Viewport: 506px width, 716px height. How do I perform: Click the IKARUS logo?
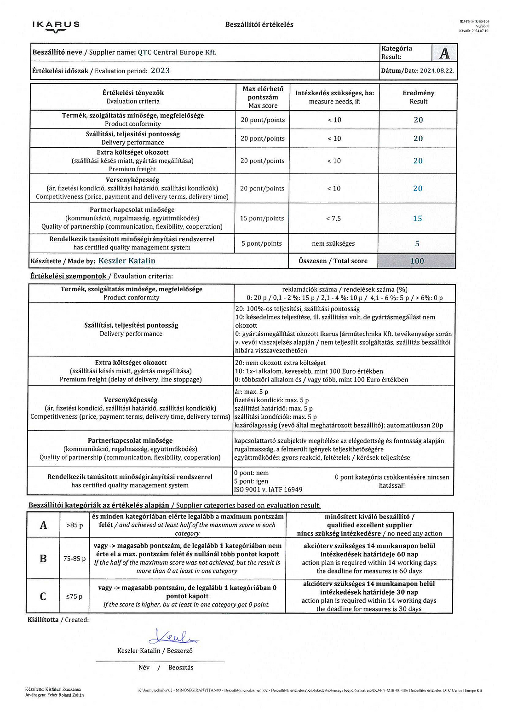pyautogui.click(x=56, y=26)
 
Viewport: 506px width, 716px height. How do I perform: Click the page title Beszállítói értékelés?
pyautogui.click(x=259, y=24)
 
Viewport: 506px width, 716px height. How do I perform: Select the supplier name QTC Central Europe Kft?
pyautogui.click(x=177, y=52)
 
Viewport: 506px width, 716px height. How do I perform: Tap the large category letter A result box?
pyautogui.click(x=444, y=53)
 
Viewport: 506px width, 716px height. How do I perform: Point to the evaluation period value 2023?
pyautogui.click(x=160, y=71)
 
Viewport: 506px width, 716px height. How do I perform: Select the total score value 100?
pyautogui.click(x=417, y=261)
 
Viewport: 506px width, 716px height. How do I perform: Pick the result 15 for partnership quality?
pyautogui.click(x=417, y=219)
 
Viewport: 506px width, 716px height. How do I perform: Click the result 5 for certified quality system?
pyautogui.click(x=417, y=243)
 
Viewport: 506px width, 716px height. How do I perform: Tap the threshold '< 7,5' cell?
pyautogui.click(x=333, y=219)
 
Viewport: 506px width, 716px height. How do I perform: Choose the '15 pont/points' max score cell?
pyautogui.click(x=262, y=219)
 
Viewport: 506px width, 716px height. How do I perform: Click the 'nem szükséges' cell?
pyautogui.click(x=333, y=243)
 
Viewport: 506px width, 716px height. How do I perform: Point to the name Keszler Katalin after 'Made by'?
pyautogui.click(x=127, y=261)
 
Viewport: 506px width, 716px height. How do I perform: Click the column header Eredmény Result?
pyautogui.click(x=418, y=97)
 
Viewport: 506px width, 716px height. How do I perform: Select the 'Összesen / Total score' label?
pyautogui.click(x=333, y=261)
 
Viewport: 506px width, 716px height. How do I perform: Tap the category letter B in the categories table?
pyautogui.click(x=43, y=559)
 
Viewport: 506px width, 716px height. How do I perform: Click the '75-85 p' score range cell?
pyautogui.click(x=75, y=559)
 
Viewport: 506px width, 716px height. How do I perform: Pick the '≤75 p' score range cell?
pyautogui.click(x=75, y=596)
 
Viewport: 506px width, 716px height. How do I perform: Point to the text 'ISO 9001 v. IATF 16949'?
pyautogui.click(x=268, y=490)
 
